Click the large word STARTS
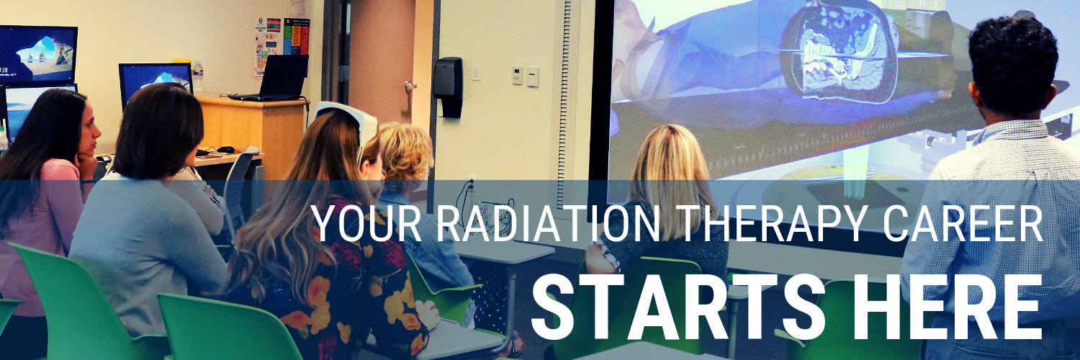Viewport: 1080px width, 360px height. pyautogui.click(x=678, y=307)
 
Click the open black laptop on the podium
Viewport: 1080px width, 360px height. pyautogui.click(x=273, y=77)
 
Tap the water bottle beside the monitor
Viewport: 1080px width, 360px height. pyautogui.click(x=197, y=76)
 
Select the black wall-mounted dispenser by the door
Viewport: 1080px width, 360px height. pyautogui.click(x=447, y=86)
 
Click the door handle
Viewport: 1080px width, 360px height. pyautogui.click(x=410, y=86)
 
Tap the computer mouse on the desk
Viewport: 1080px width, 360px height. pyautogui.click(x=225, y=149)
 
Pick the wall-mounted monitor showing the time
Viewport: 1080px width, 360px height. pyautogui.click(x=38, y=55)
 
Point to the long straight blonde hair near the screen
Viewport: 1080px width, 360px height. pyautogui.click(x=671, y=181)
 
